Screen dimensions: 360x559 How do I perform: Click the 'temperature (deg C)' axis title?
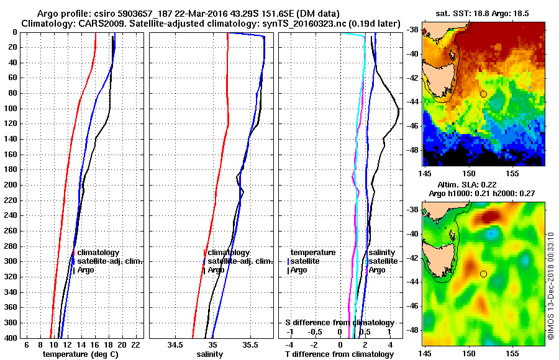[x=80, y=354]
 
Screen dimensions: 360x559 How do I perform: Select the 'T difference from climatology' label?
[x=339, y=354]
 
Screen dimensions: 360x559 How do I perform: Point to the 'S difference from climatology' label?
[x=339, y=323]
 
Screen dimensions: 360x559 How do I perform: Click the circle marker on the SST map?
[x=483, y=94]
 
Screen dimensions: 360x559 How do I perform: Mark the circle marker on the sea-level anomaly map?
[x=483, y=274]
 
